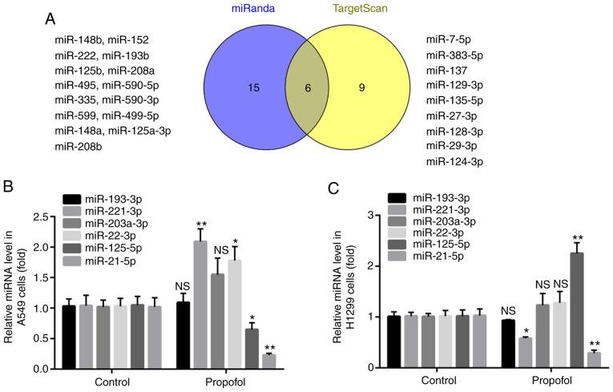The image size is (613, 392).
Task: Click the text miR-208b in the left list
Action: pos(79,147)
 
